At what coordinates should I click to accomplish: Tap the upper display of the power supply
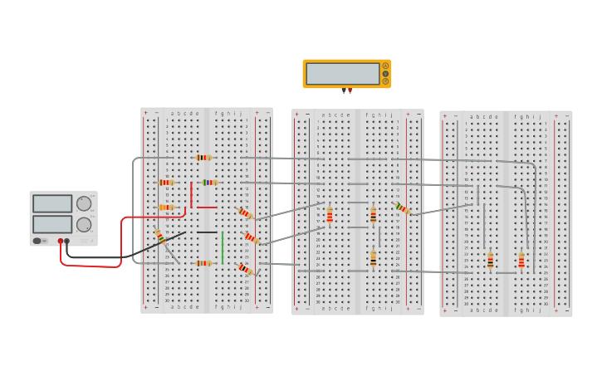[x=52, y=204]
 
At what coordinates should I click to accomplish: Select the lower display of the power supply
[x=52, y=224]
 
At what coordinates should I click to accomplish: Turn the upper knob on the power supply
[x=84, y=203]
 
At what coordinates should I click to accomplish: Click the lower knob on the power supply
[x=84, y=224]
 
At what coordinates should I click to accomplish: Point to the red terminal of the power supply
[x=60, y=241]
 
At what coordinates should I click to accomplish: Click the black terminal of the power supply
[x=67, y=241]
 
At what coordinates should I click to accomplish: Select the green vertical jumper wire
[x=223, y=247]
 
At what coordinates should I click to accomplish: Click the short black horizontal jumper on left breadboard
[x=207, y=232]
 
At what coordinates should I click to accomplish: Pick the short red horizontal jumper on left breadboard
[x=207, y=208]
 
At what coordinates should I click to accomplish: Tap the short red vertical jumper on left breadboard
[x=191, y=195]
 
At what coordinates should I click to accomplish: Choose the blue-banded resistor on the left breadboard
[x=209, y=182]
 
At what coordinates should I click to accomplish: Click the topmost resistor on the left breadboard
[x=203, y=157]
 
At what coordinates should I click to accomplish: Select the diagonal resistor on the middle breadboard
[x=404, y=208]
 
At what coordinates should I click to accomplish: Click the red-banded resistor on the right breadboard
[x=521, y=261]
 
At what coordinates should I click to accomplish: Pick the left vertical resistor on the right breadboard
[x=490, y=261]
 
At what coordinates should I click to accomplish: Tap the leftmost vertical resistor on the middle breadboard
[x=330, y=215]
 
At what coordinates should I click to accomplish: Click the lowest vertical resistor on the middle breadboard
[x=373, y=259]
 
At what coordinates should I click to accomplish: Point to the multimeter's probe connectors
[x=346, y=90]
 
